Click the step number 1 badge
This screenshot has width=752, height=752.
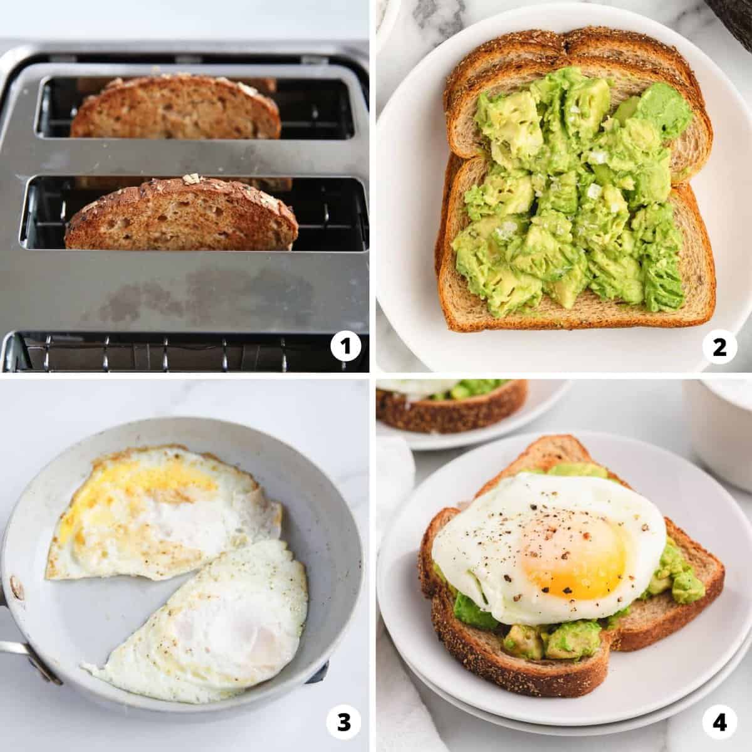point(345,346)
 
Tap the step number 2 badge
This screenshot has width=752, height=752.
point(719,347)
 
